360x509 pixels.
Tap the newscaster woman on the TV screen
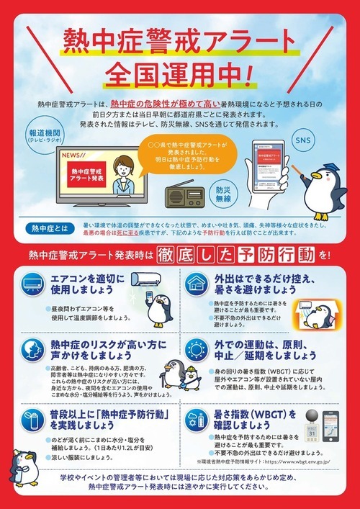[125, 174]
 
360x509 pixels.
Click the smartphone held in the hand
[266, 169]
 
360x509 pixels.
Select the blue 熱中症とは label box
[44, 229]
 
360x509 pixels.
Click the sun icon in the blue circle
[196, 351]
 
